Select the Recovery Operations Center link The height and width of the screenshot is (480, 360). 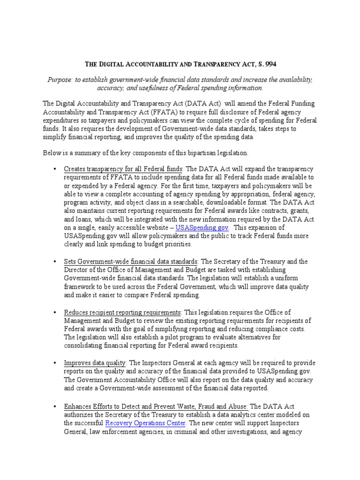[x=146, y=423]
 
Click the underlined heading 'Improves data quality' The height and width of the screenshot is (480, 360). [x=95, y=363]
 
